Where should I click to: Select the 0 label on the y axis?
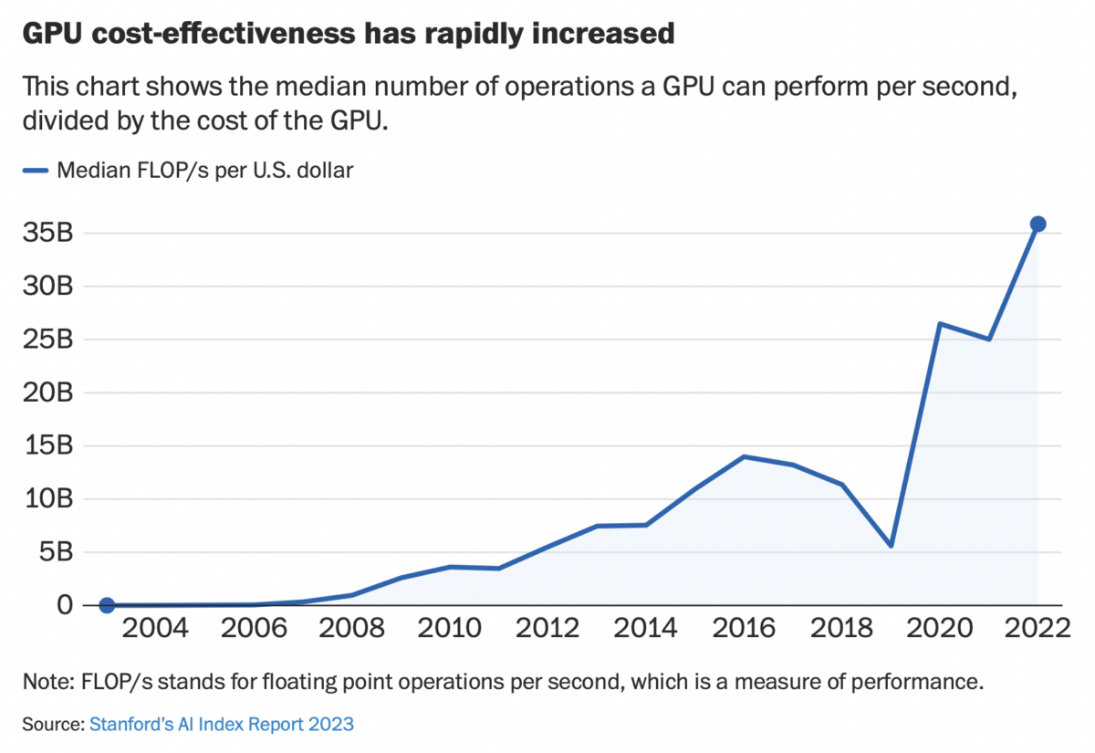(64, 605)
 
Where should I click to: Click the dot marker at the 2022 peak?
(1038, 224)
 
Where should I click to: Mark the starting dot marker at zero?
(107, 605)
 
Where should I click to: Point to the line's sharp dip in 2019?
(891, 546)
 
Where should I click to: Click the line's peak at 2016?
(744, 456)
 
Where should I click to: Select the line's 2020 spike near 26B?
(939, 323)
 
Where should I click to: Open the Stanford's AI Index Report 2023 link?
(221, 725)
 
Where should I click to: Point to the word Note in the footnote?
(46, 682)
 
